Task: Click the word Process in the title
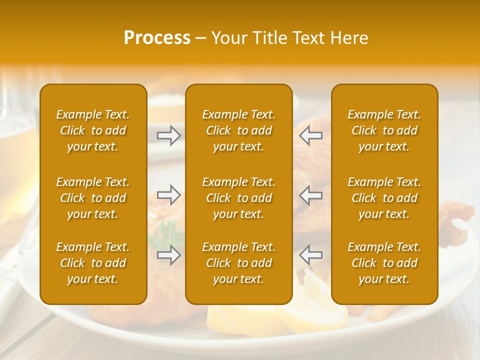[157, 38]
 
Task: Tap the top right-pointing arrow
[169, 135]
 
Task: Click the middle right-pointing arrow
[169, 194]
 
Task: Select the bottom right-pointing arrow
[169, 254]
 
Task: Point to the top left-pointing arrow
[310, 135]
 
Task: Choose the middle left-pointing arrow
[310, 194]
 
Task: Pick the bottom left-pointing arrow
[310, 254]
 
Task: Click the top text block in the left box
[93, 130]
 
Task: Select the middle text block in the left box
[93, 198]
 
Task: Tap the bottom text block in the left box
[93, 263]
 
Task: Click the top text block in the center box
[239, 130]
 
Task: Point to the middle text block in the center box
[239, 198]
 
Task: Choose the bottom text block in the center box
[239, 263]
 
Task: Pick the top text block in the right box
[384, 130]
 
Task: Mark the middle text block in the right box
[384, 198]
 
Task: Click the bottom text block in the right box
[384, 263]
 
